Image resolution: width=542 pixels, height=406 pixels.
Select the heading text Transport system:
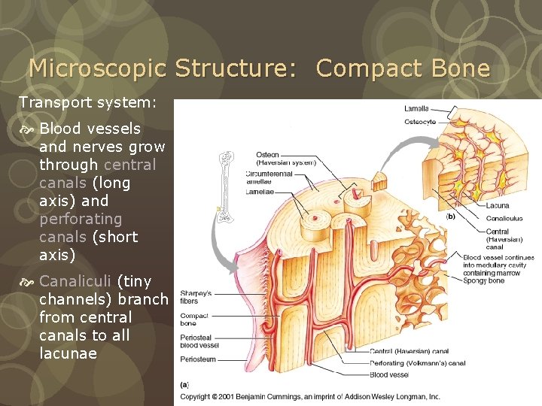click(88, 101)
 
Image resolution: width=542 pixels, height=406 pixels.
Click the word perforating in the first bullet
click(81, 219)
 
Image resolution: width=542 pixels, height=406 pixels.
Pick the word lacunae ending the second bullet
click(68, 353)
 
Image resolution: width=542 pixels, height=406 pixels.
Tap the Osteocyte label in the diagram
click(419, 122)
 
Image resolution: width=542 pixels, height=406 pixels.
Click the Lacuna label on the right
click(498, 205)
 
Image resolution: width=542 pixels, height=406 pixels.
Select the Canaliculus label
click(504, 219)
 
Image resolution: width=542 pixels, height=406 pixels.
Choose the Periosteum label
click(198, 360)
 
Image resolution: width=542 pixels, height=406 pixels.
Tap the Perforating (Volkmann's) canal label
click(417, 363)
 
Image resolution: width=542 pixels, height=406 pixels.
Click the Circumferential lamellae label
click(269, 177)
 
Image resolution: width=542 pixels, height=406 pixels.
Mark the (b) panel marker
click(451, 217)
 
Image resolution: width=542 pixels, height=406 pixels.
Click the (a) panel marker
click(184, 384)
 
